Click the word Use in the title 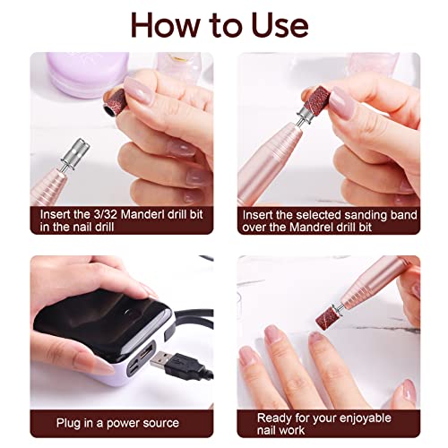pos(280,26)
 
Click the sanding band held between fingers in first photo pos(115,102)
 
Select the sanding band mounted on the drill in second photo pos(316,100)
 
